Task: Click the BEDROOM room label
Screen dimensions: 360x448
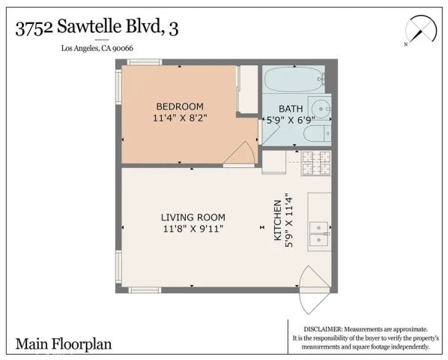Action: coord(179,106)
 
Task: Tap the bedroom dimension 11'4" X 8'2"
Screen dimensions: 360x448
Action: coord(179,118)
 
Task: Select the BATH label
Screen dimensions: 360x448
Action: coord(290,107)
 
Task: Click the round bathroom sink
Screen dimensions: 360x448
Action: coord(319,106)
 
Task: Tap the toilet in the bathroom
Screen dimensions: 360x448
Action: coord(315,133)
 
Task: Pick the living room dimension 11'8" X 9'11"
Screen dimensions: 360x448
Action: coord(193,229)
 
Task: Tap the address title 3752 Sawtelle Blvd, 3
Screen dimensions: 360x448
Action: coord(97,28)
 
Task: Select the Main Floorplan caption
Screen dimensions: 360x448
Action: coord(64,344)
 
